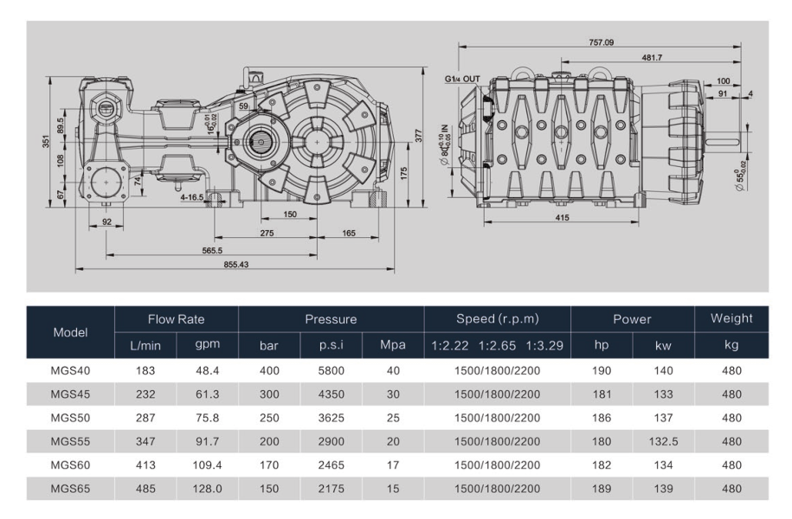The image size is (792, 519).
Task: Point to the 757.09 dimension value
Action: [x=601, y=42]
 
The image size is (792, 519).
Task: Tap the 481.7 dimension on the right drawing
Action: [x=652, y=58]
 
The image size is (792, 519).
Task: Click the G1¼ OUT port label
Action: [x=462, y=79]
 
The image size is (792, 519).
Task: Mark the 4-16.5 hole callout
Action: [x=192, y=197]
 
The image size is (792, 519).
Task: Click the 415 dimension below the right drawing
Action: [x=563, y=217]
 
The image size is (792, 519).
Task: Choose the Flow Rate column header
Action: [x=177, y=319]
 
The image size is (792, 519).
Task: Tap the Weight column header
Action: [x=731, y=319]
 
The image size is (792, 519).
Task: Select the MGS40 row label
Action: [x=71, y=370]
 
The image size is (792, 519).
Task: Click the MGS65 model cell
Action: [x=71, y=489]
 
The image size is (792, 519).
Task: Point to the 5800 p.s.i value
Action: [x=332, y=370]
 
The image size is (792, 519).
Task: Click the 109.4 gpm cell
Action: [x=206, y=465]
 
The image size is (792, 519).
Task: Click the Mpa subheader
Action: [x=393, y=346]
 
